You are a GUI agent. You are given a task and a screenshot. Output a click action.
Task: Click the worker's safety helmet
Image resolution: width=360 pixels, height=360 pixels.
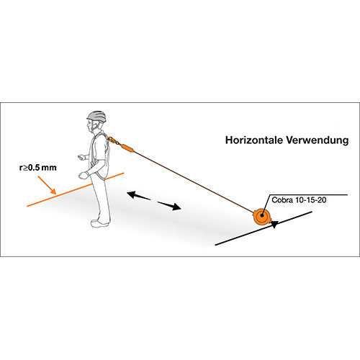96,117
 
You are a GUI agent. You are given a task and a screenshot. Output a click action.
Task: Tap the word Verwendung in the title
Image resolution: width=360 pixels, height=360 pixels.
318,140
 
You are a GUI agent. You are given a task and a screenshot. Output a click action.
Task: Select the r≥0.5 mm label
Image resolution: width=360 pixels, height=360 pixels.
38,167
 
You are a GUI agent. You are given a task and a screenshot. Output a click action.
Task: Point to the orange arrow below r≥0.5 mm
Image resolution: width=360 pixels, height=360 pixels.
47,185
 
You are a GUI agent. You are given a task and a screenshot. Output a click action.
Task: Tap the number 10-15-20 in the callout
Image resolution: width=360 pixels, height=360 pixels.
310,200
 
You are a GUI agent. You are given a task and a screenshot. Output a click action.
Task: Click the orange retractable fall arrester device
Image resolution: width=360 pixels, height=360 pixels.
262,216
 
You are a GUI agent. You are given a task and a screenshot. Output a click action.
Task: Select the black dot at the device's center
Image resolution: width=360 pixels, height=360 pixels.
262,215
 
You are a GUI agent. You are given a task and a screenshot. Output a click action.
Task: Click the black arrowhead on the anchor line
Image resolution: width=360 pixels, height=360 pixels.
274,224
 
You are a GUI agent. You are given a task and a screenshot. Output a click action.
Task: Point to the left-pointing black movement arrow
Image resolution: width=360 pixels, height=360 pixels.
139,195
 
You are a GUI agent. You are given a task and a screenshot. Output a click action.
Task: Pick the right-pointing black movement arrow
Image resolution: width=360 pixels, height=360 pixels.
169,206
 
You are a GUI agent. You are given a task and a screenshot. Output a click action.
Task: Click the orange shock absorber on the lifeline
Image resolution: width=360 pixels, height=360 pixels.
127,148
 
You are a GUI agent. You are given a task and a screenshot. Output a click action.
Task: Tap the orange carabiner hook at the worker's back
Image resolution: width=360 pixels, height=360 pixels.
113,140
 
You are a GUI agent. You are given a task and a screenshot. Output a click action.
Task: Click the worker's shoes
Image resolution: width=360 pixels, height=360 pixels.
100,223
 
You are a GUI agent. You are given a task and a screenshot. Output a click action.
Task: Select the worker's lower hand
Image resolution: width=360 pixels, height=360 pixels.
84,175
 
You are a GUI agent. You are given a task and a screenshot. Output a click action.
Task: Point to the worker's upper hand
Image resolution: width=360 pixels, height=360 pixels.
81,157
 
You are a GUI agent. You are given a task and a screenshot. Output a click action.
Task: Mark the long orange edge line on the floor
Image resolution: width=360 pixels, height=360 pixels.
75,189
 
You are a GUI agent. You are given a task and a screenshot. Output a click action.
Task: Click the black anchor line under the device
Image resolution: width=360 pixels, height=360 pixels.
264,228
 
